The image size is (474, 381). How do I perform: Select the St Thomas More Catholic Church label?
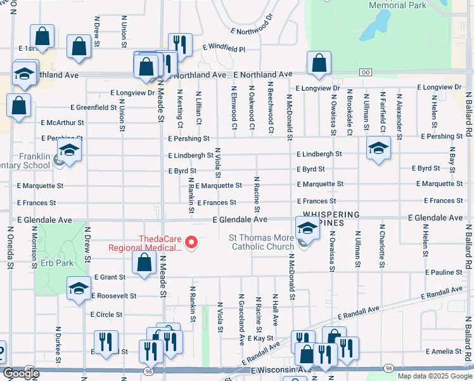pos(261,243)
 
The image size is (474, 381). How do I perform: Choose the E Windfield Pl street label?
pos(223,48)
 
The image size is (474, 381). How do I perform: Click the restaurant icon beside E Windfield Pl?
pos(180,44)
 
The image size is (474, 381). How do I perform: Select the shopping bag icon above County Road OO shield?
pos(319,62)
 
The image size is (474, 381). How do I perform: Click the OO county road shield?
pos(365,72)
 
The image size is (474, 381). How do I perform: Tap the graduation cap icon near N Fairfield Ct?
pos(378,148)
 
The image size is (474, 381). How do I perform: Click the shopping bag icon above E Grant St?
pos(144,262)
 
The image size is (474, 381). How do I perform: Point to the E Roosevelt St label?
pos(114,296)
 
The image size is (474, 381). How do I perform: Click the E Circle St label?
pos(106,314)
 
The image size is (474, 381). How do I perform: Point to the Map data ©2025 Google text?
pos(434,376)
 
